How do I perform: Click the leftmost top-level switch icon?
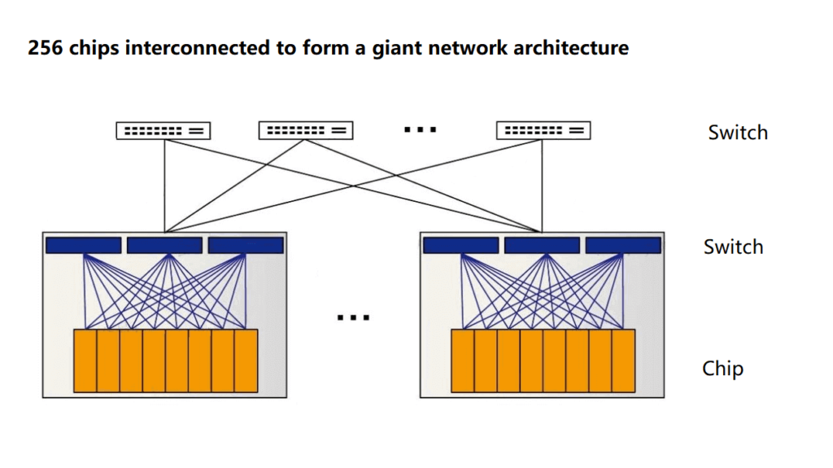tap(164, 130)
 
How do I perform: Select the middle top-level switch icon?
tap(306, 130)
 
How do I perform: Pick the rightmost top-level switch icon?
tap(543, 130)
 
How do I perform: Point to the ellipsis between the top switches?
tap(421, 129)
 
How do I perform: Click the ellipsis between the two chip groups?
tap(354, 317)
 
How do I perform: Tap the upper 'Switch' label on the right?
tap(737, 133)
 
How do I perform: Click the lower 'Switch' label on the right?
tap(733, 247)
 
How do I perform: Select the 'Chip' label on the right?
tap(722, 369)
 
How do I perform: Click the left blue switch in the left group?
tap(83, 245)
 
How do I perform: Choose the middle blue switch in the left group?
tap(164, 245)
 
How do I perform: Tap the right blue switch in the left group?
tap(246, 245)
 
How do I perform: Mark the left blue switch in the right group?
tap(460, 245)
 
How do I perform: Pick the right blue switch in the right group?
tap(623, 245)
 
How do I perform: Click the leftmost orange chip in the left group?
tap(85, 361)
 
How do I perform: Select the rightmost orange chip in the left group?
tap(246, 361)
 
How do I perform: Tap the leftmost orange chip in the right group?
tap(463, 361)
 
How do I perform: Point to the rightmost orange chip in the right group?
tap(624, 361)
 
